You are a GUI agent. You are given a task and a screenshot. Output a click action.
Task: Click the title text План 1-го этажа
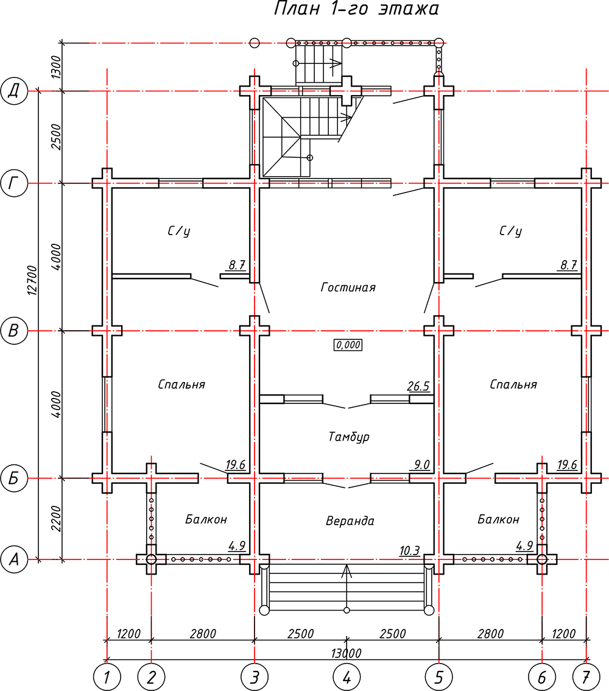click(356, 9)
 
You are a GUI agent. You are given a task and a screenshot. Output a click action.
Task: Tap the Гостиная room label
click(348, 288)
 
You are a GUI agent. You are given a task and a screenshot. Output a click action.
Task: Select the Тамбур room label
click(349, 437)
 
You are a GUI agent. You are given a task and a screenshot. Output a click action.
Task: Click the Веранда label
click(350, 521)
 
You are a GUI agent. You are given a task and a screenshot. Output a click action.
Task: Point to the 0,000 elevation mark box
click(348, 345)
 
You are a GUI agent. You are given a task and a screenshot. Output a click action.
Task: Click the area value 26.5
click(418, 386)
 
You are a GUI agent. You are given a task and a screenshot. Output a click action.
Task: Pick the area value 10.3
click(409, 551)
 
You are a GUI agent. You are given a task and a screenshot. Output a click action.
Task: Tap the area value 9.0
click(421, 464)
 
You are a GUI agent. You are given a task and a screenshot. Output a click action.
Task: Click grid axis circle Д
click(14, 91)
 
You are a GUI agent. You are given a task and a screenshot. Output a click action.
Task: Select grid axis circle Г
click(14, 183)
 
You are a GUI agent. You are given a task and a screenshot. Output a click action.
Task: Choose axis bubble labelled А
click(14, 559)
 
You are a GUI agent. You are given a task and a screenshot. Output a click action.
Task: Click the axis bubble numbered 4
click(347, 677)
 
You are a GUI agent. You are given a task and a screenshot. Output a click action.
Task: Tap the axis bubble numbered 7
click(586, 677)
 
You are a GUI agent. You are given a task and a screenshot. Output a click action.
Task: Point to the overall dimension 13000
click(346, 653)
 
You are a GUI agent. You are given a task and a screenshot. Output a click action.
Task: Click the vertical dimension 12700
click(32, 281)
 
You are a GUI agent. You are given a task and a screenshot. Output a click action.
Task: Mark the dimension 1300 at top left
click(56, 67)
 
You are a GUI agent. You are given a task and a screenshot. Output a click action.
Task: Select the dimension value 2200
click(56, 519)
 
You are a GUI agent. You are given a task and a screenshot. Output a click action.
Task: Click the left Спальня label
click(181, 384)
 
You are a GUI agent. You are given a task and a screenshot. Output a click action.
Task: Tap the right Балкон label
click(499, 519)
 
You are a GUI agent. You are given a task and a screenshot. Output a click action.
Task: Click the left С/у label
click(179, 231)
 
